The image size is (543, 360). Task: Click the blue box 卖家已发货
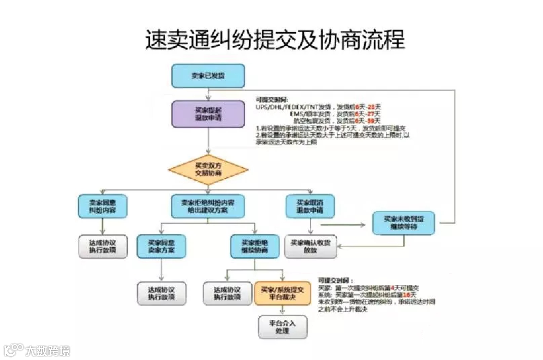(x=208, y=76)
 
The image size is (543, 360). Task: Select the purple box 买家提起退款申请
(x=208, y=114)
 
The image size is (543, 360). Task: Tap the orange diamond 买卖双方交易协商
(x=208, y=170)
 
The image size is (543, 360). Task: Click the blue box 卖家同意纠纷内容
(x=102, y=206)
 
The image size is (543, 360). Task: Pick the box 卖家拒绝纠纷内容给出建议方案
(x=208, y=206)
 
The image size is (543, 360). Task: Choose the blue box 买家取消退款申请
(x=310, y=206)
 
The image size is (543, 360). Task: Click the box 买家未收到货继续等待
(x=403, y=223)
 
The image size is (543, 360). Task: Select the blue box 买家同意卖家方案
(x=161, y=246)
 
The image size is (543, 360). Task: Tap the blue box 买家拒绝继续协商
(x=254, y=246)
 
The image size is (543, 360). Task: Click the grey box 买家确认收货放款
(x=310, y=246)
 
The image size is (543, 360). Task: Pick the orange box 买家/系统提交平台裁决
(x=282, y=293)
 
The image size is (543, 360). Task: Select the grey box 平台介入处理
(x=282, y=327)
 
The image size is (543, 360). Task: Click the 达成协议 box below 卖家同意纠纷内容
(x=103, y=246)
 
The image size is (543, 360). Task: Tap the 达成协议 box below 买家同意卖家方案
(x=161, y=293)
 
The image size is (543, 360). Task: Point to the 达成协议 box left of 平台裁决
(x=227, y=293)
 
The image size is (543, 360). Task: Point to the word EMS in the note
(x=296, y=114)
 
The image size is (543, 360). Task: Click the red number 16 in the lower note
(x=406, y=295)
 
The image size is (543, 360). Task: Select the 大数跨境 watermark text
(x=48, y=351)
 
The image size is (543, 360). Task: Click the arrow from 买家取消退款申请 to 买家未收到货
(x=343, y=225)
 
